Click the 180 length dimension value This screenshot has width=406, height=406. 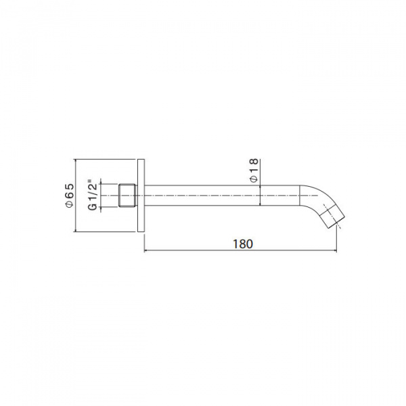coord(242,244)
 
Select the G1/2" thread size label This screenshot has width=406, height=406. coord(92,196)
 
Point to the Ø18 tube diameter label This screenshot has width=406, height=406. coord(252,170)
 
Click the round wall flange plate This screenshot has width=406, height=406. coord(141,196)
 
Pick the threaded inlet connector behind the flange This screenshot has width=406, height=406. coord(127,196)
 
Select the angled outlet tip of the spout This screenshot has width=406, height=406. coord(332,219)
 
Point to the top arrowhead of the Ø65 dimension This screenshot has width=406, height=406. coord(76,162)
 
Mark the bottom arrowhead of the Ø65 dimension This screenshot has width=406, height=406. coord(76,229)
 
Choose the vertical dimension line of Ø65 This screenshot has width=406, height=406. coord(76,196)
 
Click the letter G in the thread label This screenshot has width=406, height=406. coord(92,208)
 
